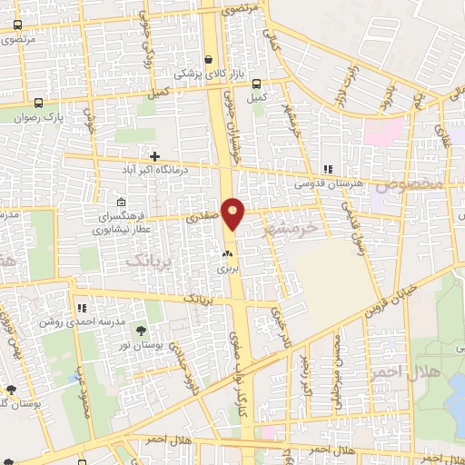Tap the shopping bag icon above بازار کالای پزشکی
click(209, 56)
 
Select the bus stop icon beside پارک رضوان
click(38, 103)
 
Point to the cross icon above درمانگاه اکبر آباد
click(155, 156)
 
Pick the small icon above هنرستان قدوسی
click(327, 169)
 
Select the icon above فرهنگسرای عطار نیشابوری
click(122, 203)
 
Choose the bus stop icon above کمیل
click(257, 81)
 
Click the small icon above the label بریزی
click(227, 254)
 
